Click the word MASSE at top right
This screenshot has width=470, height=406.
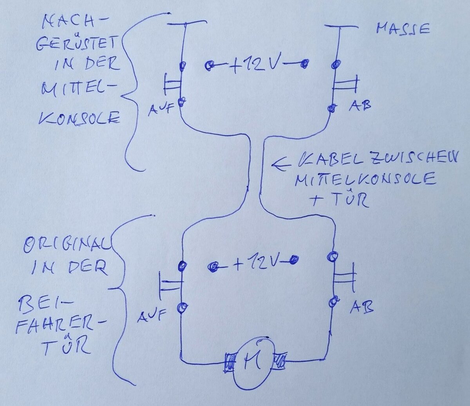pos(403,29)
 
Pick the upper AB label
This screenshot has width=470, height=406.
pos(359,105)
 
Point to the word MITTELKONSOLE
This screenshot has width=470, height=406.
pos(365,180)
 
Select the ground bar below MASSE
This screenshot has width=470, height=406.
pos(342,27)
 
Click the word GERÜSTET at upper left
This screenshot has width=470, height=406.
pos(77,44)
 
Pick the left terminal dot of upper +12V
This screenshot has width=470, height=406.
pos(210,65)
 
